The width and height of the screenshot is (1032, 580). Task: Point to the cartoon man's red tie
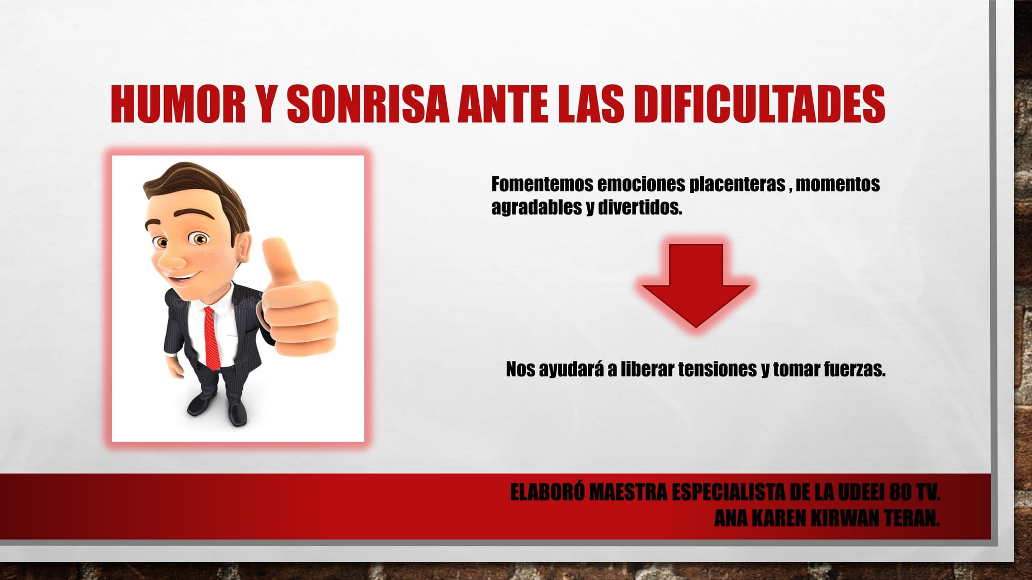[x=211, y=338]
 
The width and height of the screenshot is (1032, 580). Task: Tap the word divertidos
[x=640, y=207]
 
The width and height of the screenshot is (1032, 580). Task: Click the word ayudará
[x=571, y=369]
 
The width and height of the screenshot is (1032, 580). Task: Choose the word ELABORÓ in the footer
[x=547, y=492]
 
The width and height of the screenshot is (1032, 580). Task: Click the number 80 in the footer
[x=900, y=492]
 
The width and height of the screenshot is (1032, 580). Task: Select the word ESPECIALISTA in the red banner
[x=728, y=492]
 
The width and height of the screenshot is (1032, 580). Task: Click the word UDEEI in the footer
[x=861, y=492]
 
